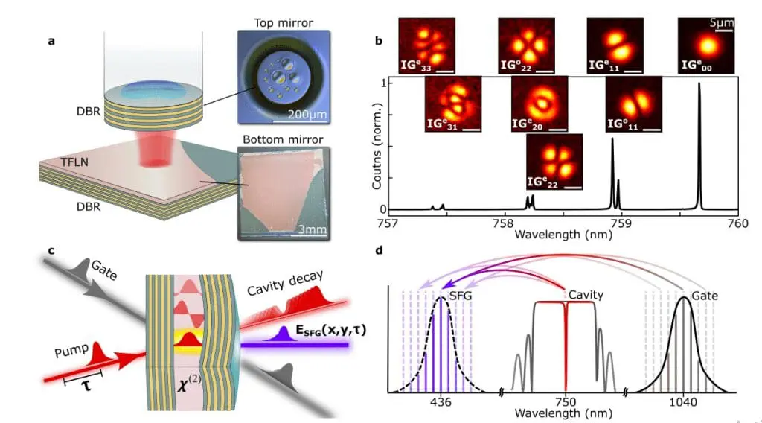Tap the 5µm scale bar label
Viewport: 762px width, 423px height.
tap(721, 23)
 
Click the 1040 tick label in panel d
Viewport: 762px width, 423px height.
tap(682, 402)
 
